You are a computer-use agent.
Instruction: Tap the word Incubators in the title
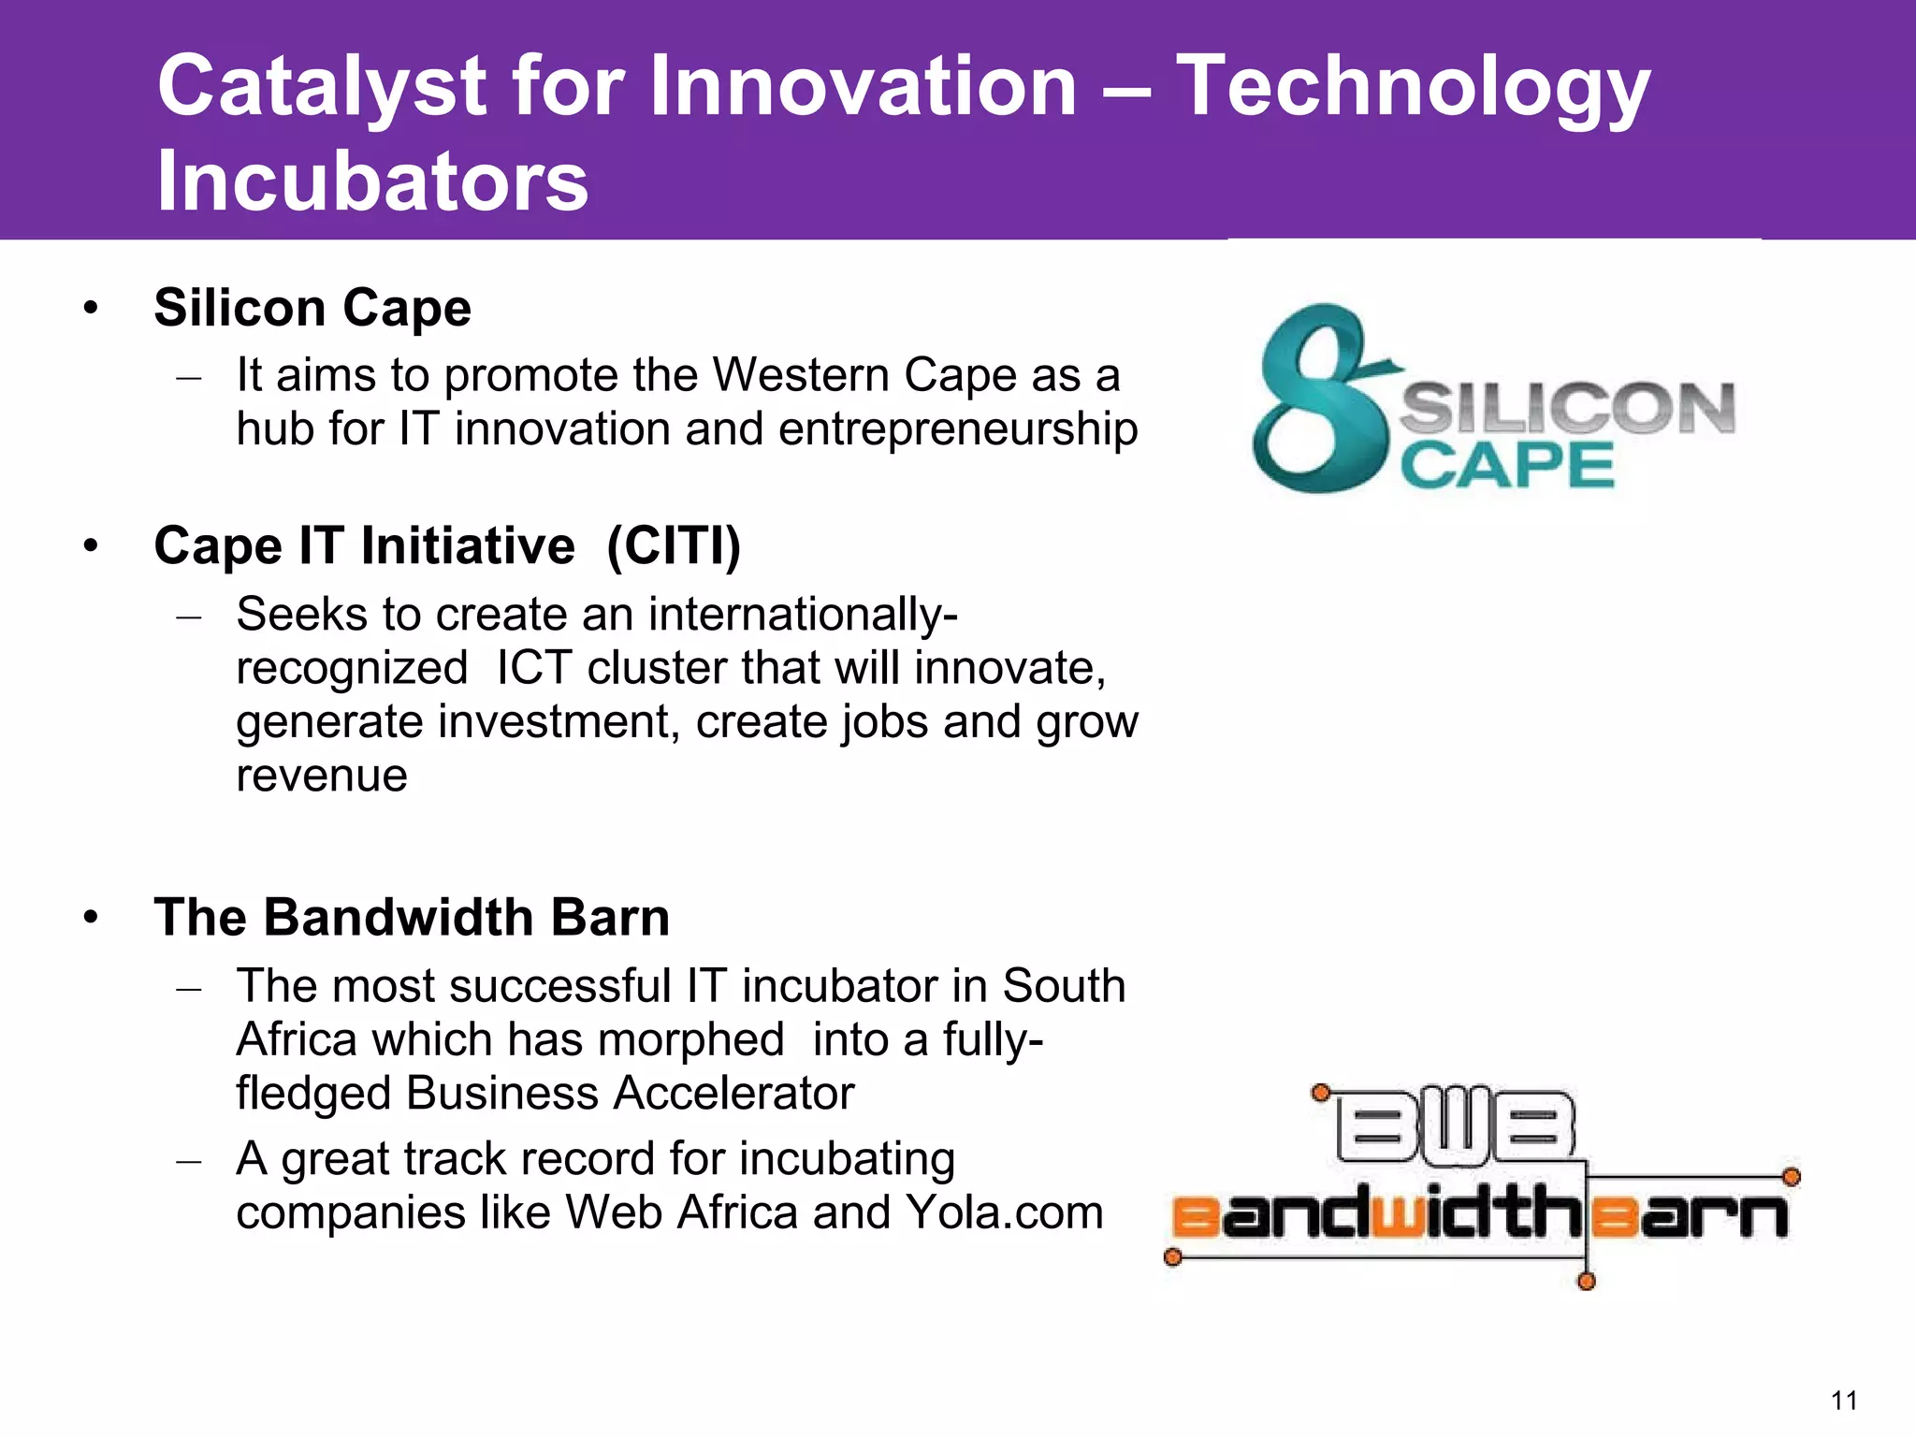[x=372, y=181]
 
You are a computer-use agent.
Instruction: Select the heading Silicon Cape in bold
[x=312, y=308]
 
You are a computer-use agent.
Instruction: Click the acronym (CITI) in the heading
[x=674, y=545]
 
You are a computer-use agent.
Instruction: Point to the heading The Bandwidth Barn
[x=412, y=917]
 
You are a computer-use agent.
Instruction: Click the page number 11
[x=1844, y=1401]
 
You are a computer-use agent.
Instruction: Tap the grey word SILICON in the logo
[x=1566, y=408]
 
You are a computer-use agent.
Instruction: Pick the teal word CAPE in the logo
[x=1506, y=465]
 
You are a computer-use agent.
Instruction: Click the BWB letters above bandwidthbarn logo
[x=1456, y=1125]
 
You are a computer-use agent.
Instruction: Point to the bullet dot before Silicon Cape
[x=91, y=308]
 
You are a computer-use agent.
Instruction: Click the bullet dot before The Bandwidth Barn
[x=91, y=917]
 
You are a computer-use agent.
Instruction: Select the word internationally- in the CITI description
[x=802, y=615]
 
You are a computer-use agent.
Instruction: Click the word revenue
[x=321, y=776]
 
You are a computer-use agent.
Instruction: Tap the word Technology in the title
[x=1412, y=87]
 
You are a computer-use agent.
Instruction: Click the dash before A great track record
[x=189, y=1161]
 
